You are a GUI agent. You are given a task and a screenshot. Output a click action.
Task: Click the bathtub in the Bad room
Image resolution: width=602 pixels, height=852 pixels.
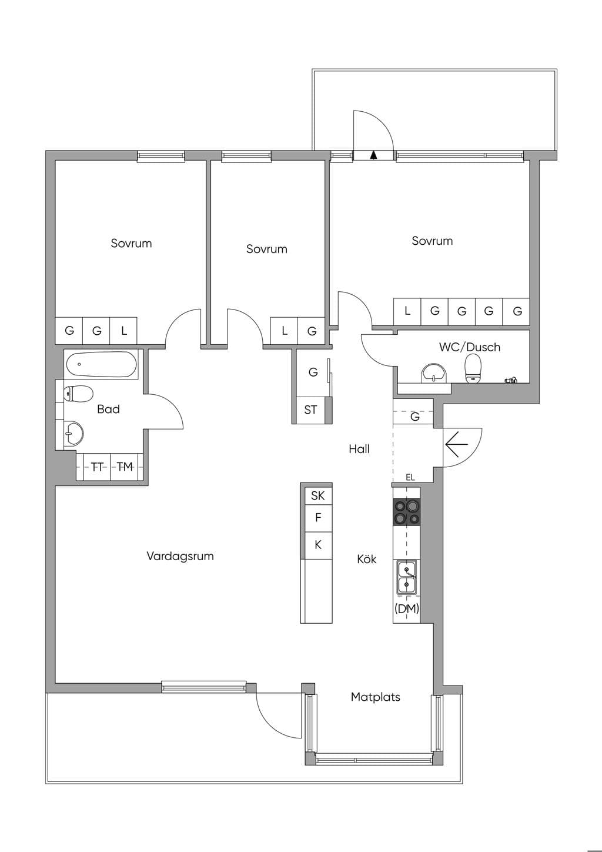[102, 364]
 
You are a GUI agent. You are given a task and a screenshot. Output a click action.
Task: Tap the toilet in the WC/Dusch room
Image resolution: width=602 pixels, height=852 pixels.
[473, 368]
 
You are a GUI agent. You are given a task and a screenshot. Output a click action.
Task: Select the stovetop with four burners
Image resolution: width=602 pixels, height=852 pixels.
[407, 512]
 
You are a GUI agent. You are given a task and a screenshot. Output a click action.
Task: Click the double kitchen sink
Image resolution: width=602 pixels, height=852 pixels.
[407, 577]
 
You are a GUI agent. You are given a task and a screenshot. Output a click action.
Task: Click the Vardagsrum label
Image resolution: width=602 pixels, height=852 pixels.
[180, 556]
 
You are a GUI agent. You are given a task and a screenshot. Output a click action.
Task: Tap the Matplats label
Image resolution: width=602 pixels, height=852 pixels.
[376, 697]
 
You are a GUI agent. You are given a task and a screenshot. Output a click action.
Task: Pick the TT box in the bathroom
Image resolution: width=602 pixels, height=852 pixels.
[97, 467]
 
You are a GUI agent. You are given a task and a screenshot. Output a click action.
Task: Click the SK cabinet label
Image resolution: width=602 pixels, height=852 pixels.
[318, 495]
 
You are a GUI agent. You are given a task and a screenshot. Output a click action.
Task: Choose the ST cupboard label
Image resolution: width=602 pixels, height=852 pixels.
[310, 410]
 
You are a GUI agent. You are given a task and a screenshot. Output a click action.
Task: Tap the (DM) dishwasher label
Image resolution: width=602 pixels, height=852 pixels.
[407, 609]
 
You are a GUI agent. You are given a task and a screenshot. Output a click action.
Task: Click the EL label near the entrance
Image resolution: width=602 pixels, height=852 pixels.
[410, 477]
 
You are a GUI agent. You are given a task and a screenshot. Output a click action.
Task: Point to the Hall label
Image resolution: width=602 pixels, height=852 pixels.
[359, 449]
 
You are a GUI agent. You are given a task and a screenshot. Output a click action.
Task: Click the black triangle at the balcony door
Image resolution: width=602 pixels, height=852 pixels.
[374, 154]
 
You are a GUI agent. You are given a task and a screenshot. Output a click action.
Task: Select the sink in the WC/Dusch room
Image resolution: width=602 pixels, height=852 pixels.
[433, 372]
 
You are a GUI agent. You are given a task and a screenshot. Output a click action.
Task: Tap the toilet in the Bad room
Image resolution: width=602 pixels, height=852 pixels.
[78, 393]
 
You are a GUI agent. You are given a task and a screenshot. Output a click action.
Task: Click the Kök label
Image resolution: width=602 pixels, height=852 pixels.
[367, 559]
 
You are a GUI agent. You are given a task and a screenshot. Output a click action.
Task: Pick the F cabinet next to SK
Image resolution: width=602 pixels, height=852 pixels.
[319, 517]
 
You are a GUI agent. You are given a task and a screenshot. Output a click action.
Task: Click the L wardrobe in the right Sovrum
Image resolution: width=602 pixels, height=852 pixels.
[407, 311]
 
